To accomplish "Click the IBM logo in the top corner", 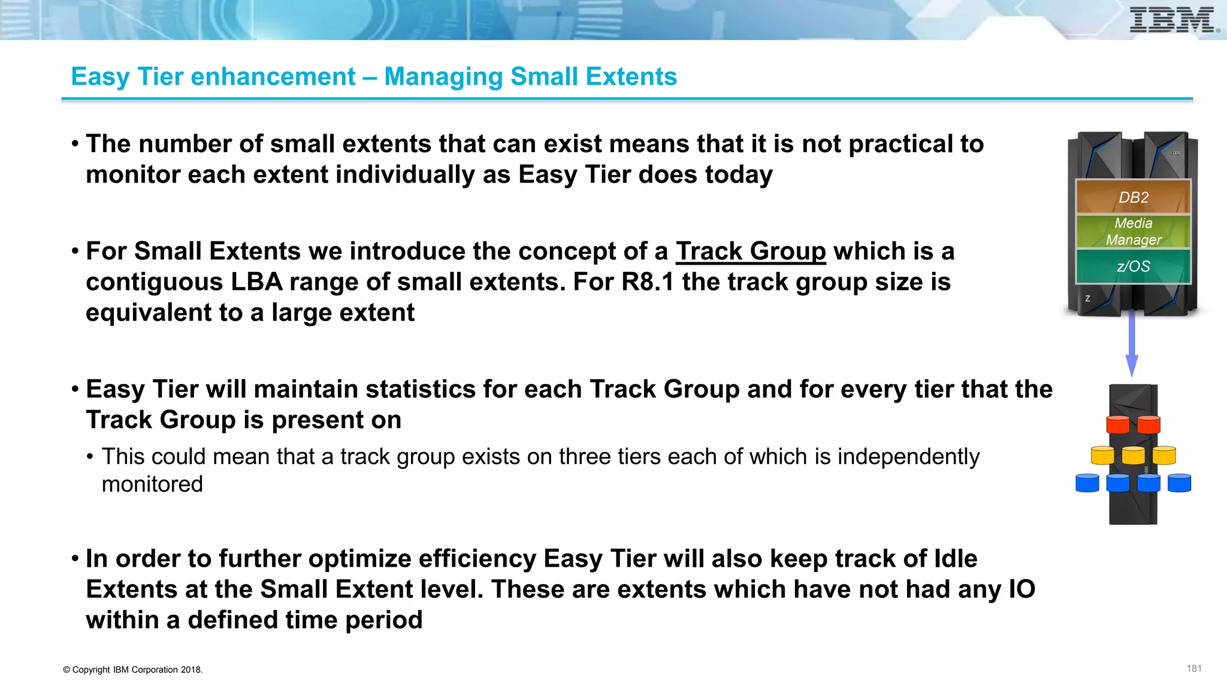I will [x=1172, y=20].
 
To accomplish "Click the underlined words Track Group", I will [x=751, y=251].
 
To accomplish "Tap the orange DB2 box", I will [x=1133, y=197].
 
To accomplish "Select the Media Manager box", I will [x=1133, y=231].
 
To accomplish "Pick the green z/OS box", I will [x=1133, y=266].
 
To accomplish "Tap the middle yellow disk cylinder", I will [x=1133, y=455].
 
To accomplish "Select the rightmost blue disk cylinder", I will [x=1179, y=483].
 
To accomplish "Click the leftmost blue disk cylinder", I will [x=1087, y=483].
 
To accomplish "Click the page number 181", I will [x=1193, y=668].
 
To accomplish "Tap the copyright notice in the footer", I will [x=133, y=670].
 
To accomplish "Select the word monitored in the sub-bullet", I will [x=152, y=484].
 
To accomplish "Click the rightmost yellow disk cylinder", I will [x=1163, y=455].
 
